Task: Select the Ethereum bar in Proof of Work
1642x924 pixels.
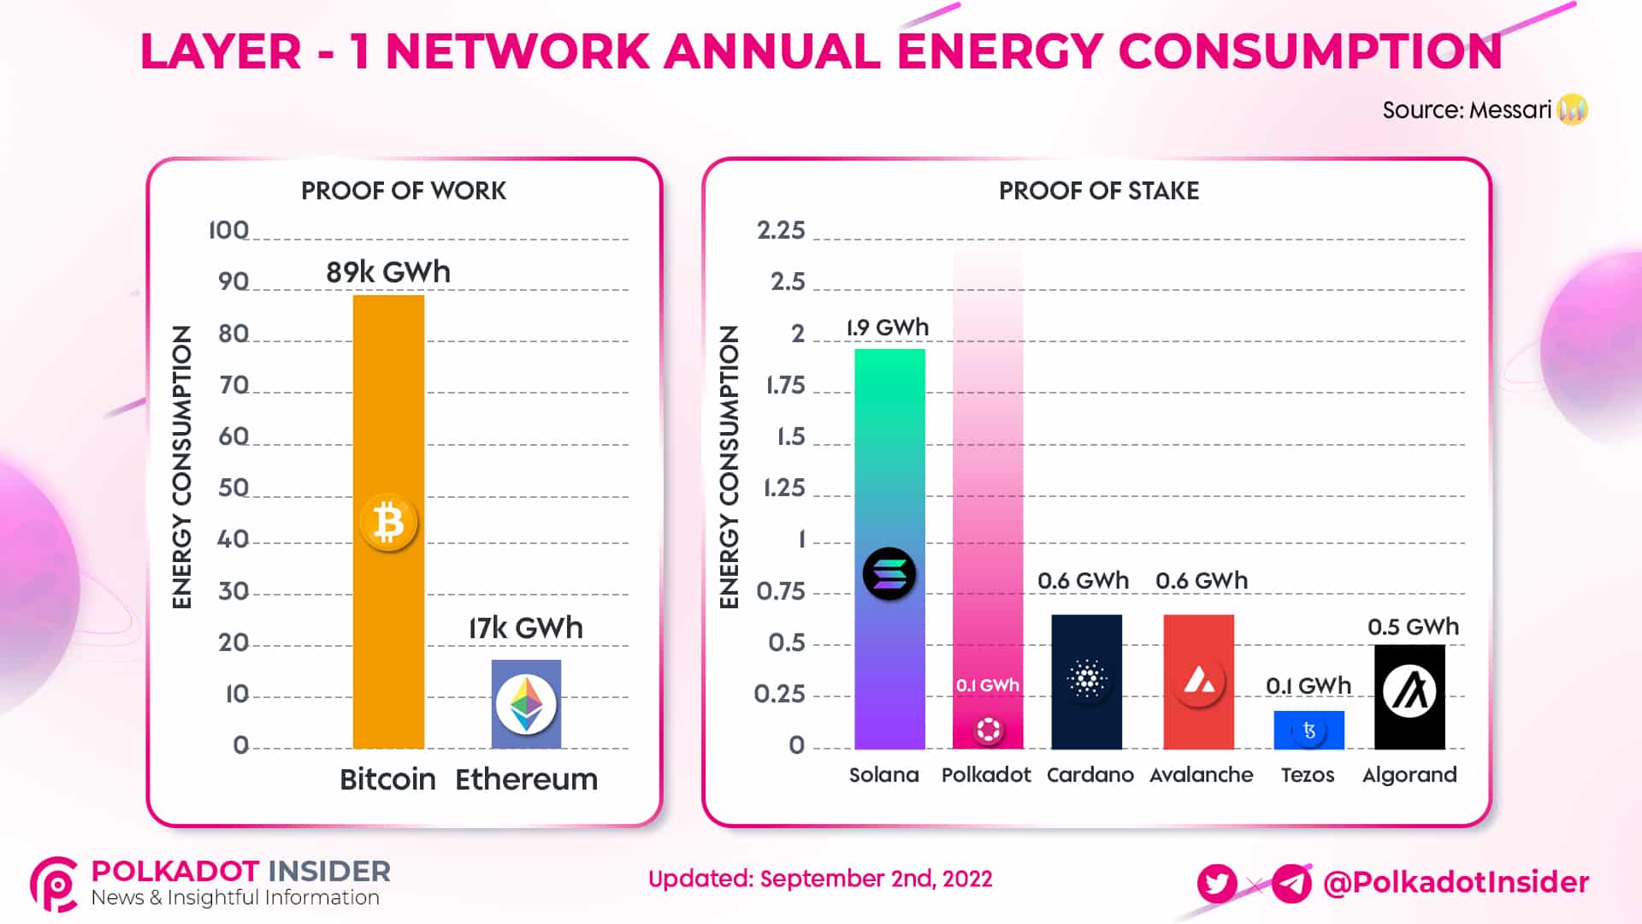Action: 526,703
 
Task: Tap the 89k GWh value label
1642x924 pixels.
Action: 388,272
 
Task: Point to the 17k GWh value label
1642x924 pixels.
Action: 526,628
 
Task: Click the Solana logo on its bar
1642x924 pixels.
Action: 889,573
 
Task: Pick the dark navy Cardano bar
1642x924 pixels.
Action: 1086,681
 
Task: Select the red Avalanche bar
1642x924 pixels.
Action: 1198,681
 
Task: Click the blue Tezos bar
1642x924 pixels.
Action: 1308,730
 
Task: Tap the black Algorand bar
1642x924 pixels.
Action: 1409,696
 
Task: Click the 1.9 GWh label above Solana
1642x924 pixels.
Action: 888,328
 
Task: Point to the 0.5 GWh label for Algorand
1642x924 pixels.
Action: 1413,627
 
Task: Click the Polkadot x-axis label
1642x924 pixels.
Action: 986,775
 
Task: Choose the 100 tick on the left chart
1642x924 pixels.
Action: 229,230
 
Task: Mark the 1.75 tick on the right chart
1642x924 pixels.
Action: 785,385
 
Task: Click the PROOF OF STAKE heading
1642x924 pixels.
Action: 1099,191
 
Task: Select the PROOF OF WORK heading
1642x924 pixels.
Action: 404,191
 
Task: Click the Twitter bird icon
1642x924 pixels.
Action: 1217,883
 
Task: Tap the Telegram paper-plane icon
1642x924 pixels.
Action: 1291,883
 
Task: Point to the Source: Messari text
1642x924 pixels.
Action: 1467,110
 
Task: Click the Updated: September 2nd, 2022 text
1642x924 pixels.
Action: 820,879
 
